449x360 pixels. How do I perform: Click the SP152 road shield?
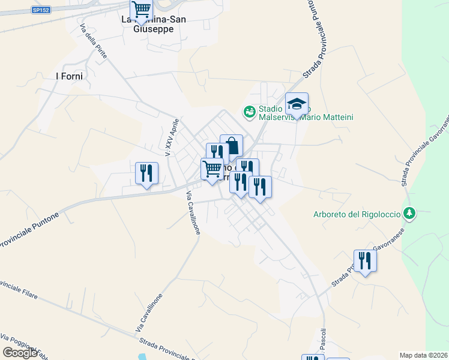coord(41,10)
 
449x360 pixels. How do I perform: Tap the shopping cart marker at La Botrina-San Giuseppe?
coord(142,10)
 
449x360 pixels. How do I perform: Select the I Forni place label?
coord(68,76)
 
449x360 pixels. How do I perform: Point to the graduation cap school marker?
coord(297,104)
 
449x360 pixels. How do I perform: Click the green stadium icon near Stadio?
coord(249,111)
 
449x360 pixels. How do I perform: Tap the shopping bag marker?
coord(231,146)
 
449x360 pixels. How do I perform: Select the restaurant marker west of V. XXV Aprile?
coord(146,174)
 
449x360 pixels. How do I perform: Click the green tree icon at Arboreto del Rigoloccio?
coord(409,213)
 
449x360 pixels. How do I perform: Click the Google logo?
coord(20,352)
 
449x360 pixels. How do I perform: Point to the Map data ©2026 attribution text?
coord(424,355)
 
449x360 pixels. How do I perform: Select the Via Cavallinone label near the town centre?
coord(193,213)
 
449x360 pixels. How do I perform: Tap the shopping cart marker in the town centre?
coord(212,170)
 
